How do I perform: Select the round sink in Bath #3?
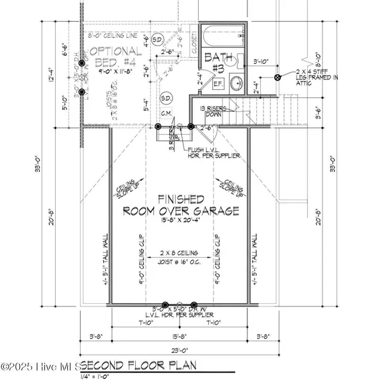pyautogui.click(x=235, y=84)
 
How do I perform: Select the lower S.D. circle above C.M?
pyautogui.click(x=165, y=98)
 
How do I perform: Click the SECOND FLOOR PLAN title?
pyautogui.click(x=141, y=366)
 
